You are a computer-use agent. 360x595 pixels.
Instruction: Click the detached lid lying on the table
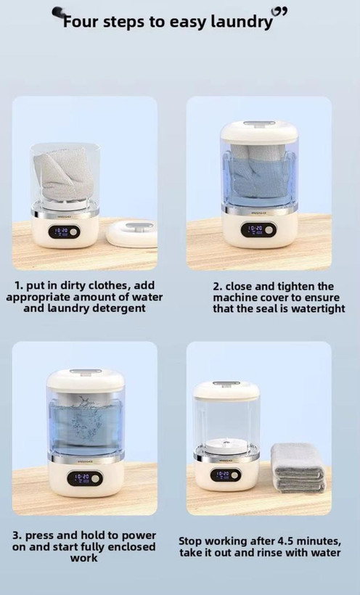[x=131, y=234]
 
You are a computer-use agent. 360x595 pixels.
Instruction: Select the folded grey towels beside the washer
[x=298, y=467]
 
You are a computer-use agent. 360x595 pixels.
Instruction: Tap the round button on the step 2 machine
[x=269, y=230]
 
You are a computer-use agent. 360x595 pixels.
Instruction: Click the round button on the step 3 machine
[x=95, y=478]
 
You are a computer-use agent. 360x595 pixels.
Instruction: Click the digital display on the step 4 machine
[x=222, y=475]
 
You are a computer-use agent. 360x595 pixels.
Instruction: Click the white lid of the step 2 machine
[x=259, y=131]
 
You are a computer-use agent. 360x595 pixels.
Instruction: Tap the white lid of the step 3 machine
[x=86, y=379]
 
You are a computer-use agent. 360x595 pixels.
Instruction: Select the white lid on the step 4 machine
[x=226, y=390]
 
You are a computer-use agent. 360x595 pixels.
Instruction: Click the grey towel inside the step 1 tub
[x=63, y=173]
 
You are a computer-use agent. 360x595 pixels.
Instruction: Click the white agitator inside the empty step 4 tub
[x=226, y=445]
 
